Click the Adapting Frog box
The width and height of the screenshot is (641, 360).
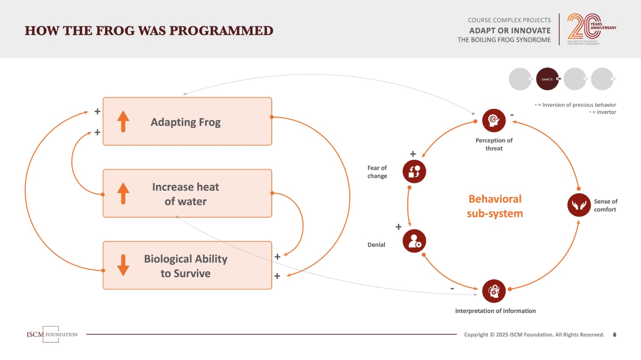click(187, 122)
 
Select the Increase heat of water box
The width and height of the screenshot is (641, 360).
click(187, 193)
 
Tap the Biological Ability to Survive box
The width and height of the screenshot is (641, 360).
click(187, 266)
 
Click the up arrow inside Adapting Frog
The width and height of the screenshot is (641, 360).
click(123, 121)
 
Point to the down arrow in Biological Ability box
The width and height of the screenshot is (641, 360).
click(123, 265)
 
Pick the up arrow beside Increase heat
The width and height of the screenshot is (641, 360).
click(123, 193)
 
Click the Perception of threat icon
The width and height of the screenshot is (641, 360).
click(494, 120)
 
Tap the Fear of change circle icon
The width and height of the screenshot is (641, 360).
click(414, 171)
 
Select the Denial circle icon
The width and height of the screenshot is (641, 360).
click(414, 241)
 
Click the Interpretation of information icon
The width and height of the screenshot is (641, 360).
click(494, 291)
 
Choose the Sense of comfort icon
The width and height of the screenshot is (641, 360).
click(579, 205)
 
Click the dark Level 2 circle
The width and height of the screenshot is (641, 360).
click(547, 79)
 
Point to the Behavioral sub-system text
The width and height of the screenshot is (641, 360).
click(495, 206)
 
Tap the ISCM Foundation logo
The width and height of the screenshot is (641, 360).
click(52, 334)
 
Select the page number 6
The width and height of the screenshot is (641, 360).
click(615, 335)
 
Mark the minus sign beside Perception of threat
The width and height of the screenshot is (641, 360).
click(512, 115)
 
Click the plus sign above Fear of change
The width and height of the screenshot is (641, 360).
click(413, 154)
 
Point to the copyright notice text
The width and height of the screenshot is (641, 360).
click(534, 335)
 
